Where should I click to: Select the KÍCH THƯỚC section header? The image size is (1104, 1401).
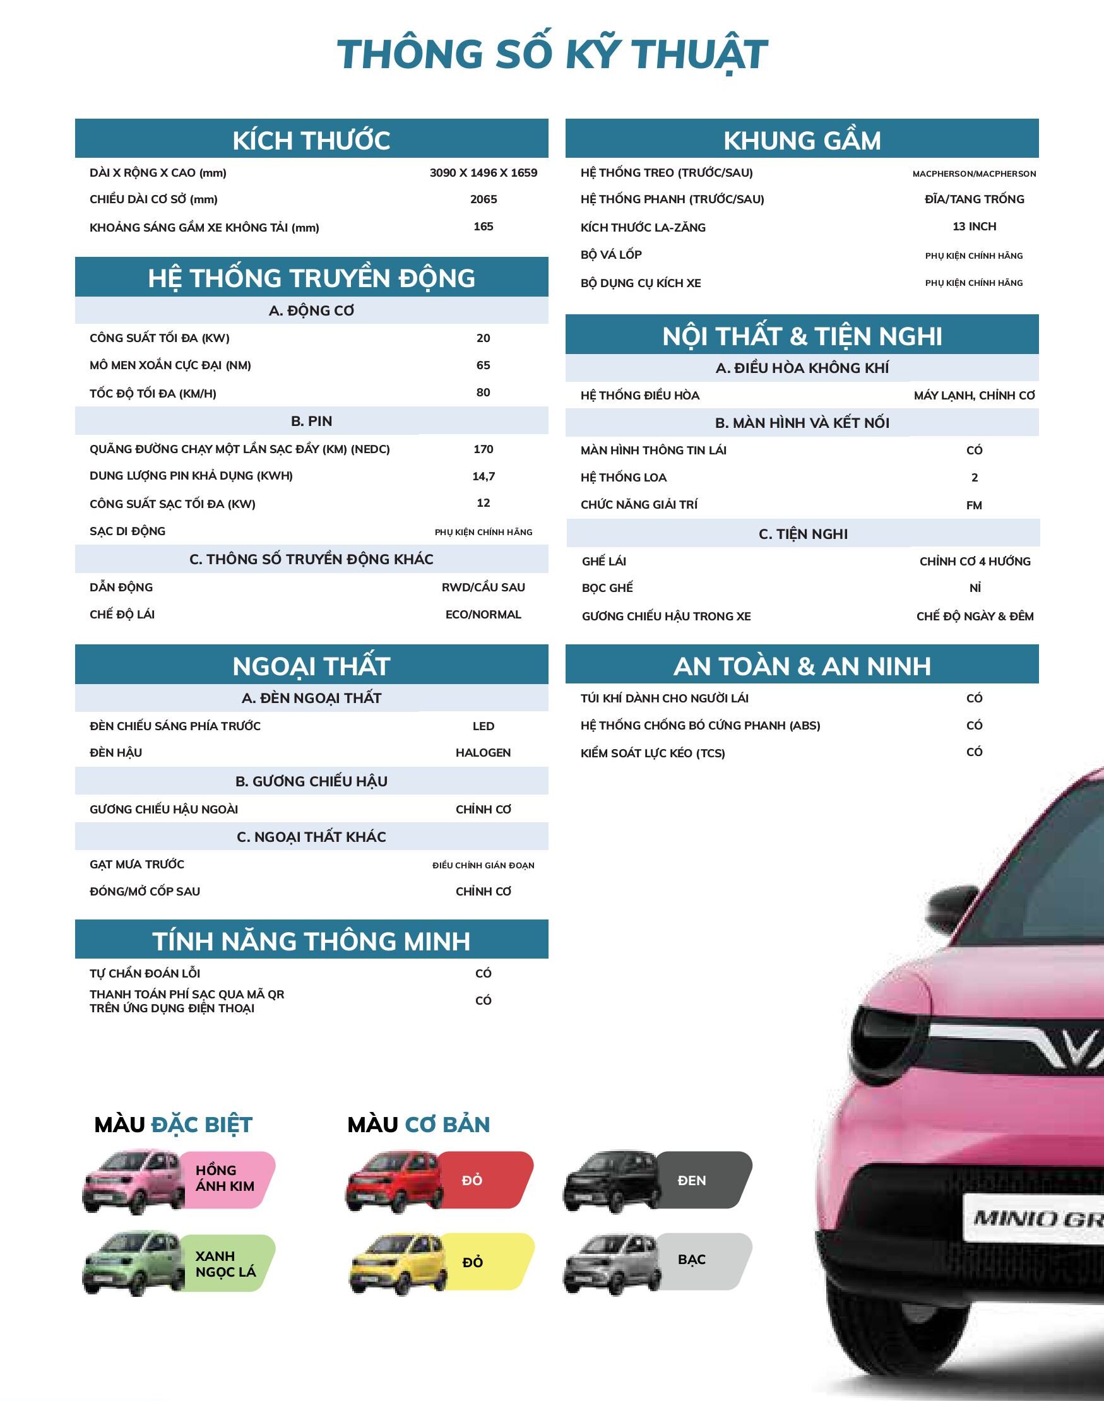(x=311, y=140)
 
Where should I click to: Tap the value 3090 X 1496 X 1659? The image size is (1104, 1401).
(x=483, y=172)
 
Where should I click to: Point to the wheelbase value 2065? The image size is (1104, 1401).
(x=483, y=199)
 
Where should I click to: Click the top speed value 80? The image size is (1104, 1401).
(x=483, y=393)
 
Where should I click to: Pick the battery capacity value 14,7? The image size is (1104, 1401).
(x=483, y=476)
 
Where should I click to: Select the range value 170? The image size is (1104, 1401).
(x=483, y=449)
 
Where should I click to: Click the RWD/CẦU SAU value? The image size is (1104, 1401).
(x=483, y=588)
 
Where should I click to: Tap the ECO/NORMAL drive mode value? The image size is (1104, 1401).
(x=483, y=615)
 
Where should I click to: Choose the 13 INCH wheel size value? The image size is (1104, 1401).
(x=974, y=226)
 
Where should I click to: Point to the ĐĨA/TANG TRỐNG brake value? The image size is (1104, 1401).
(x=974, y=199)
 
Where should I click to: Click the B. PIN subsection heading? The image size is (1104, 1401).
(x=311, y=422)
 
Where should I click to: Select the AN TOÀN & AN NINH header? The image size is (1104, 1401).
(x=802, y=666)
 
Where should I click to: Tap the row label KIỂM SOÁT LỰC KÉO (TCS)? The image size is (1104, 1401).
(x=652, y=754)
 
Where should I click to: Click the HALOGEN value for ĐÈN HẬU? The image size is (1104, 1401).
(x=483, y=753)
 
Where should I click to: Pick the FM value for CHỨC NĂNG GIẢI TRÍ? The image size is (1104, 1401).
(x=974, y=505)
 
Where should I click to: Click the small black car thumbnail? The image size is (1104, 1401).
(x=611, y=1181)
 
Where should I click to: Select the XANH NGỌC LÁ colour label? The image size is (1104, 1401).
(x=225, y=1264)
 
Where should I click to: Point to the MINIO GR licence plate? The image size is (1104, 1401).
(x=1034, y=1219)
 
